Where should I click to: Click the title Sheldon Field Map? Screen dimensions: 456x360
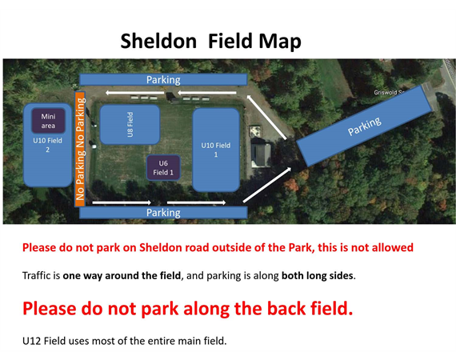211,42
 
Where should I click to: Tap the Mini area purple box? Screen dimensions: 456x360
48,121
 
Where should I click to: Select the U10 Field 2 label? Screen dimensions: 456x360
47,145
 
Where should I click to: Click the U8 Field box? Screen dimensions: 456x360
130,125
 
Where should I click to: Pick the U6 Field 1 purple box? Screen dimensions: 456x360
163,168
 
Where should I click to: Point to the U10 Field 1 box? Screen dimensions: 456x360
216,150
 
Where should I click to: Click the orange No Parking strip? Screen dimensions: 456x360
80,149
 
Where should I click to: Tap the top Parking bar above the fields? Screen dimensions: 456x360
163,79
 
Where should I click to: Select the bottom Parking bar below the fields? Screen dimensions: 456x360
163,213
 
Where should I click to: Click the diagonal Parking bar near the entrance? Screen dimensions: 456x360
364,126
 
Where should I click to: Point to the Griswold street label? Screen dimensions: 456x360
389,93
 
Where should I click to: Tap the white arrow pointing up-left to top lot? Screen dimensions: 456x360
266,117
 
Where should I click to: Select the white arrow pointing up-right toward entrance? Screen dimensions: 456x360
267,185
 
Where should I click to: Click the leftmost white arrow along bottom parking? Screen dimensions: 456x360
122,202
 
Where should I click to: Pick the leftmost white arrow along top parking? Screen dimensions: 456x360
135,93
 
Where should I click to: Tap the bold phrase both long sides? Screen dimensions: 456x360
318,275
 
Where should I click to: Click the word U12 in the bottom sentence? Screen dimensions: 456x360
32,341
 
